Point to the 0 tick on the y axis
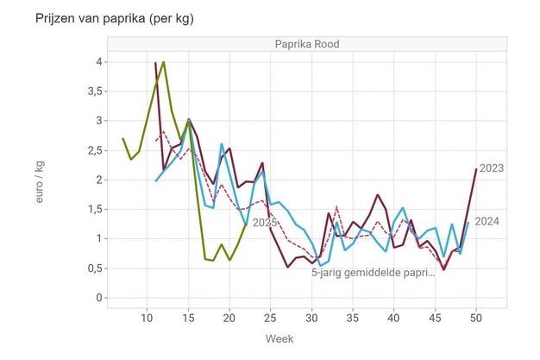click(x=100, y=298)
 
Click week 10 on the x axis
click(x=147, y=318)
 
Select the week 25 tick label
click(x=271, y=318)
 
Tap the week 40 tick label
click(x=394, y=318)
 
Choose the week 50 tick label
click(x=476, y=318)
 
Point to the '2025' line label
click(x=264, y=223)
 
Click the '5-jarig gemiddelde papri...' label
click(x=373, y=272)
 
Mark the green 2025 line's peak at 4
click(x=163, y=62)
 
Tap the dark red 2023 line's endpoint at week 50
click(x=476, y=169)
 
